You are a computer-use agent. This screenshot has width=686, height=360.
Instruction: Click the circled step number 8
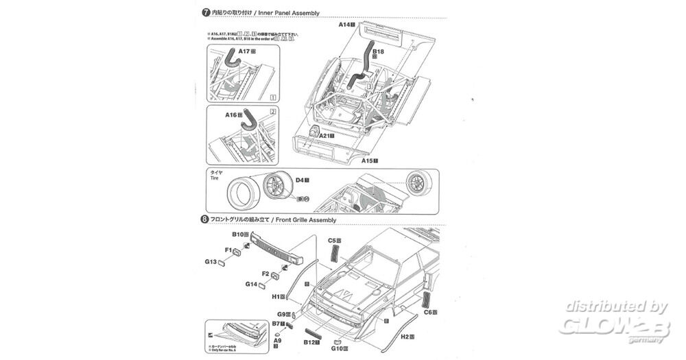204,219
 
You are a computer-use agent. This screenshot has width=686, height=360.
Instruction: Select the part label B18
378,51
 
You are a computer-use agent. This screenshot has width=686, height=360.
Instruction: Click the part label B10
239,235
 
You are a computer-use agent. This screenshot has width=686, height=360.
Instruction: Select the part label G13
211,261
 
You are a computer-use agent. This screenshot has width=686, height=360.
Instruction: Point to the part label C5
332,241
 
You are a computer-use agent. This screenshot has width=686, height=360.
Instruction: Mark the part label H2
405,337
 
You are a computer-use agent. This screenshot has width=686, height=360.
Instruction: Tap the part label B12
309,341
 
